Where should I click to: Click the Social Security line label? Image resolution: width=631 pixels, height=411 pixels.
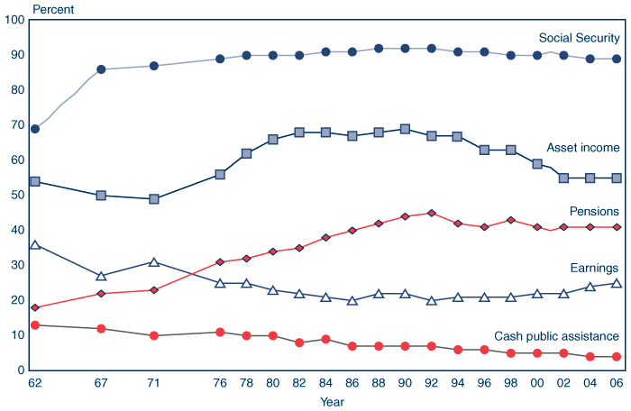coord(579,38)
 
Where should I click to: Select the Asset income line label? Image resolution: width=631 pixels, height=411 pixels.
coord(583,148)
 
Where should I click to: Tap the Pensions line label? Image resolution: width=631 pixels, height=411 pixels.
coord(593,211)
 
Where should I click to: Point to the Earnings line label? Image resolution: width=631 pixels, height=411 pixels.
coord(595,268)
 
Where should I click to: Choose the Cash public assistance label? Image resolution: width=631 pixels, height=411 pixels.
coord(556,336)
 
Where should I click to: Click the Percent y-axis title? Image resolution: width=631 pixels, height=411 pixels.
coord(54,10)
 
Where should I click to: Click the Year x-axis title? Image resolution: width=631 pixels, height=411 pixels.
coord(332,402)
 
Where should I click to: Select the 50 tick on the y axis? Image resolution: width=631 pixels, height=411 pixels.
coord(16,196)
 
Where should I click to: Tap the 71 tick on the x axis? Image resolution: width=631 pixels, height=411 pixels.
coord(154,383)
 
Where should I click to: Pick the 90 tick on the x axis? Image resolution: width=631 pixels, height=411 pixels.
coord(405,383)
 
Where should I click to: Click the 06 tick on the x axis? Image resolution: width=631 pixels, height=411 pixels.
coord(617,383)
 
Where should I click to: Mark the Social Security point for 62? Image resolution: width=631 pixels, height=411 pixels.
coord(35,129)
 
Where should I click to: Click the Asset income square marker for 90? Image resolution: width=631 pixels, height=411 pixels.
coord(405,129)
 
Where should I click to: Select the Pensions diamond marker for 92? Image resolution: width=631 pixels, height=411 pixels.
coord(432,214)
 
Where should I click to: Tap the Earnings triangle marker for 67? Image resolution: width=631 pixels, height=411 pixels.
coord(101,276)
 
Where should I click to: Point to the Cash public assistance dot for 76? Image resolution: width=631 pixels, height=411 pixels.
coord(220,333)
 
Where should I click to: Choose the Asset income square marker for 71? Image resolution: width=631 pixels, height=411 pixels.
coord(154,199)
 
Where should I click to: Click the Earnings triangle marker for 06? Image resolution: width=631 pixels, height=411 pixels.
coord(617,283)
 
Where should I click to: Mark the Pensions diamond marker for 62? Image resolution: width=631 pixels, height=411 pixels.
coord(35,307)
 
